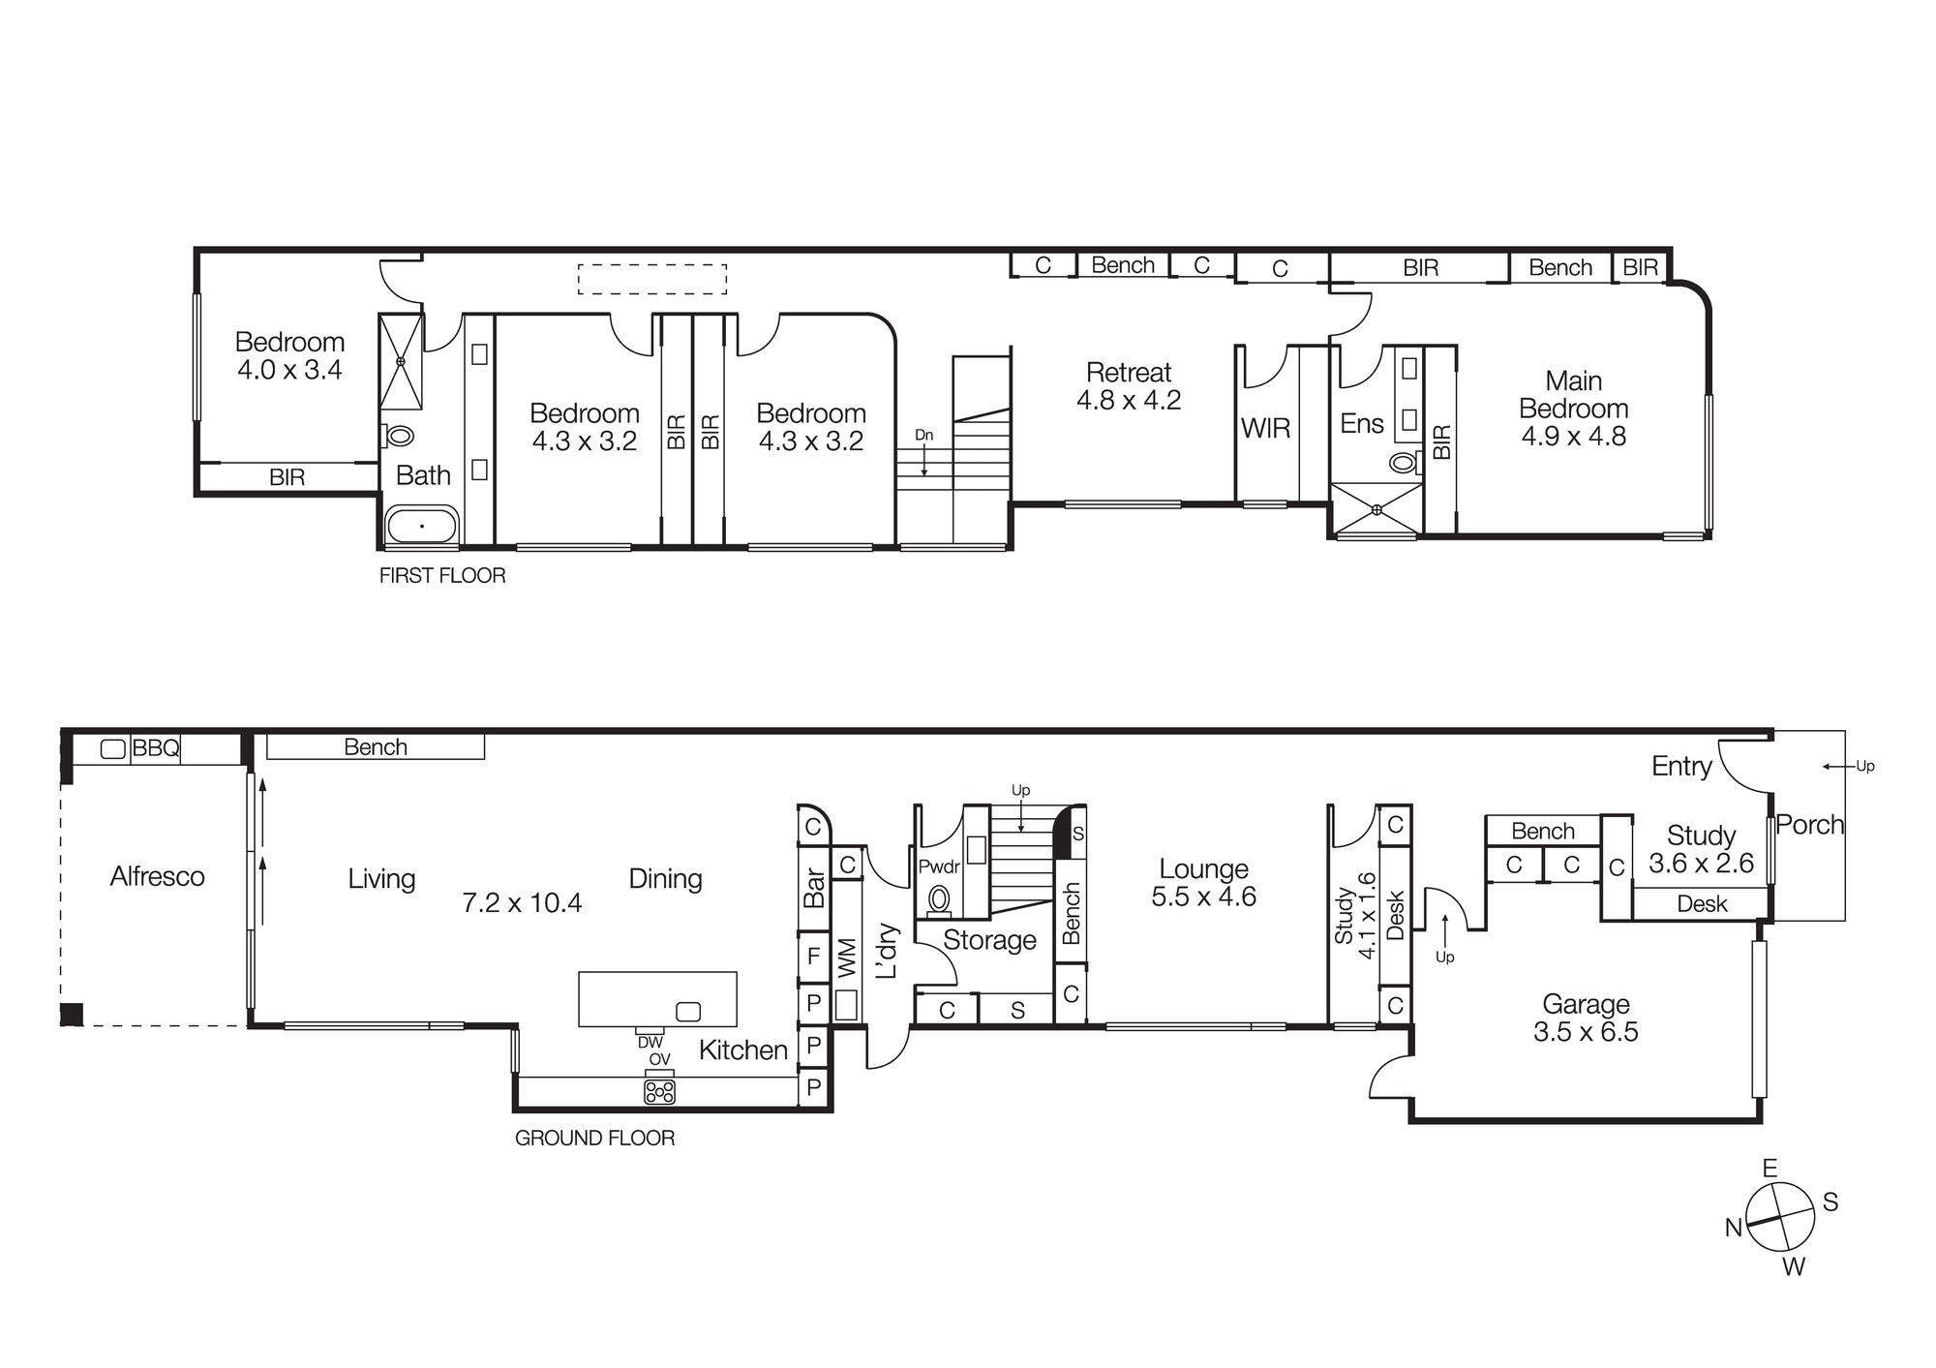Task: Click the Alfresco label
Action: click(x=157, y=877)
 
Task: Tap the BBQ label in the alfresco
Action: click(x=155, y=748)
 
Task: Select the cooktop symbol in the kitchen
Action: click(x=659, y=1092)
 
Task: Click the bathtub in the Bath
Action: click(x=422, y=527)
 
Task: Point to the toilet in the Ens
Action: click(x=1403, y=462)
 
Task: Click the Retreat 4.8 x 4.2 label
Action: click(x=1129, y=386)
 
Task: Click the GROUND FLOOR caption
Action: click(x=594, y=1139)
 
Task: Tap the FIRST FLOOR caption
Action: click(x=442, y=576)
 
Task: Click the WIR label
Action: click(x=1265, y=428)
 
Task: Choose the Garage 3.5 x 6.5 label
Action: click(x=1586, y=1018)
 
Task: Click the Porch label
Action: click(x=1809, y=825)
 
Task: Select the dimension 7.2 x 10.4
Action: click(x=522, y=903)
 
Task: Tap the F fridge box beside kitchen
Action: click(x=813, y=957)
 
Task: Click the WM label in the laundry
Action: click(x=846, y=958)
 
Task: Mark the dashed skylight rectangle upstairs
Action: click(x=652, y=279)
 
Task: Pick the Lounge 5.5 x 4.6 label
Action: click(x=1203, y=882)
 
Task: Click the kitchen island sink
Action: click(x=688, y=1012)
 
